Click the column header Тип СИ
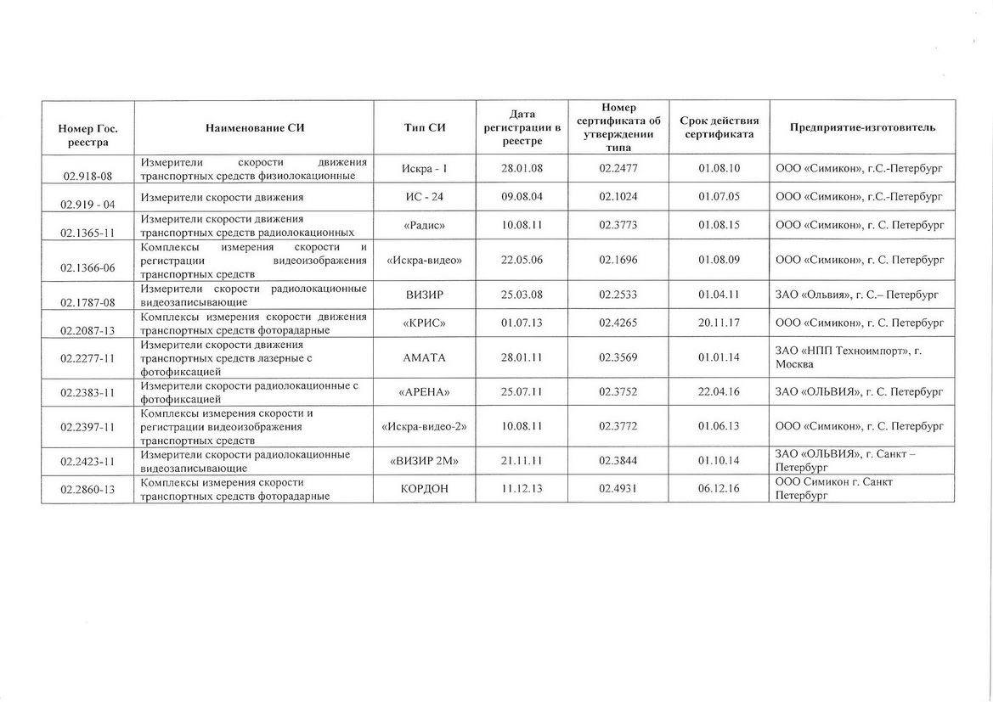425,127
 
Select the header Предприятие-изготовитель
863,127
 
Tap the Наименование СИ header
254,127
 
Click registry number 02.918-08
87,176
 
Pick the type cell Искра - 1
425,168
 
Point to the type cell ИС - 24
425,197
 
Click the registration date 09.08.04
522,197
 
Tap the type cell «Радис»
425,225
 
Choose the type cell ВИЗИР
425,295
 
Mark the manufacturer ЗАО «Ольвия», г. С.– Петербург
859,295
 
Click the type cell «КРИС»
425,323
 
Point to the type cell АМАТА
425,357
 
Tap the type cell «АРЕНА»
425,391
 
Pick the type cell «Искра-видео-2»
425,426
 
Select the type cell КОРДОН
425,489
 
